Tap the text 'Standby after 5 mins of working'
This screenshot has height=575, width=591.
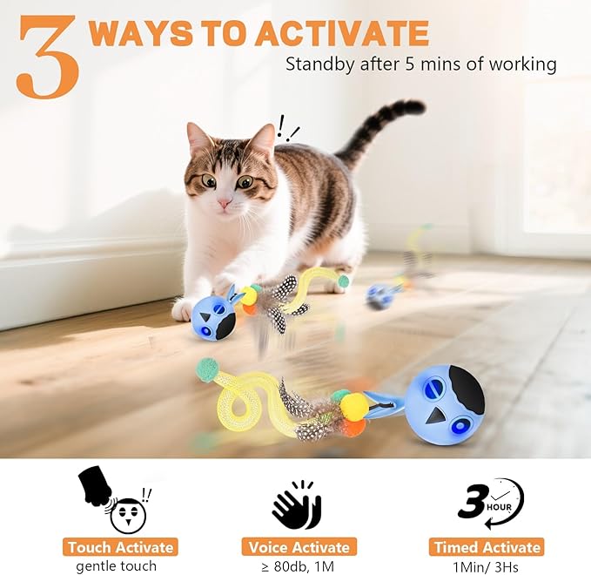click(421, 64)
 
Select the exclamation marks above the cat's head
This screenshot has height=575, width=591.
click(287, 129)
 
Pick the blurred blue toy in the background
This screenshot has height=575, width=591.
click(380, 295)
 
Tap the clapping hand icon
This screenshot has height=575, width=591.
click(296, 504)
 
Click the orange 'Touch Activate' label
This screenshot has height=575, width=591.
click(120, 547)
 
